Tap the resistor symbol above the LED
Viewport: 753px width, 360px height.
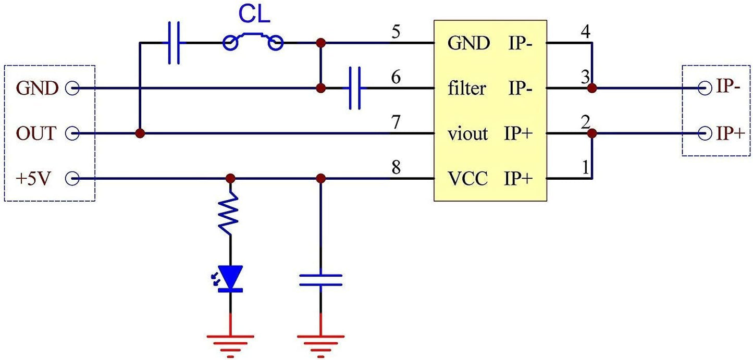coord(229,214)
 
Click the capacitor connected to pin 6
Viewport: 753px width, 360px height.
coord(355,89)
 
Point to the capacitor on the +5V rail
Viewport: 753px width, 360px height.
coord(320,280)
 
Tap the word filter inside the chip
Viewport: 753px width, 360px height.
coord(466,89)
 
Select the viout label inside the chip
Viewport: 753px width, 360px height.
coord(467,134)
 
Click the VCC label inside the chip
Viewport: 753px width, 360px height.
coord(467,179)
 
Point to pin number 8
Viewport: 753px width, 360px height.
coord(396,168)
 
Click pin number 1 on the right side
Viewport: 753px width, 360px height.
coord(585,168)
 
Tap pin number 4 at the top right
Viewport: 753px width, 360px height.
coord(585,32)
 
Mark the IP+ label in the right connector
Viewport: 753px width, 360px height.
coord(730,134)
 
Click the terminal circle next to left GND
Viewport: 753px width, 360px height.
coord(71,89)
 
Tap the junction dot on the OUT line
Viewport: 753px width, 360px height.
coord(140,134)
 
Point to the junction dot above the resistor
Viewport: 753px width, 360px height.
coord(230,179)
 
